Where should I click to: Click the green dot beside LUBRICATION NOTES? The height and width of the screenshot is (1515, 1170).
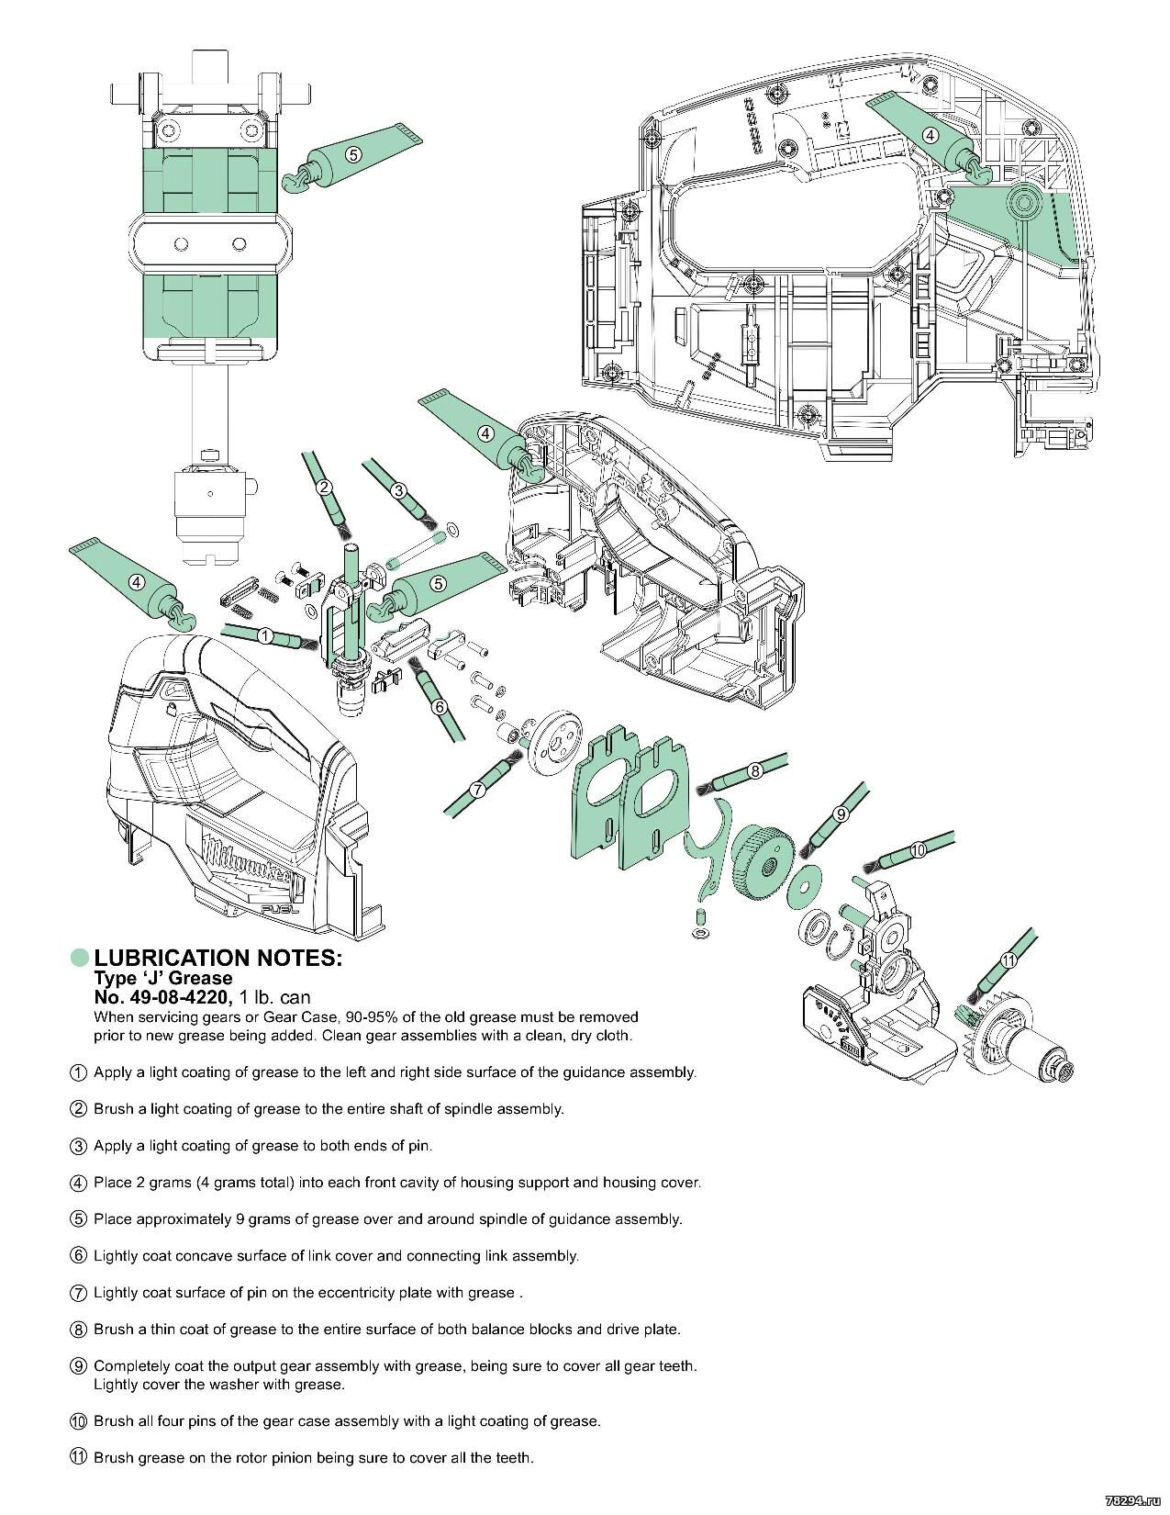[81, 958]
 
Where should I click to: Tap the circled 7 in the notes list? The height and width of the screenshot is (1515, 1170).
[79, 1293]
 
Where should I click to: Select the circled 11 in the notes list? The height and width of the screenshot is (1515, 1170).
[79, 1458]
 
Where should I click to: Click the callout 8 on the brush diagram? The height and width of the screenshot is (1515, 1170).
[755, 771]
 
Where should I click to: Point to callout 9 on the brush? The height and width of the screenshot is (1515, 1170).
[840, 814]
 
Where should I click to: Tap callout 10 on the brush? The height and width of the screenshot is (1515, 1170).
[919, 851]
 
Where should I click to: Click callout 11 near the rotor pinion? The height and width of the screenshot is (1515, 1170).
[1008, 960]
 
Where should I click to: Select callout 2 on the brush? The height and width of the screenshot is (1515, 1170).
[324, 488]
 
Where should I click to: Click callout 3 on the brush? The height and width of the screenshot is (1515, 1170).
[399, 491]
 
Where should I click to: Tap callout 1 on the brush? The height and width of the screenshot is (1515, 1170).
[264, 635]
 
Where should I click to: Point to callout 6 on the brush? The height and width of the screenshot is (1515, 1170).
[439, 706]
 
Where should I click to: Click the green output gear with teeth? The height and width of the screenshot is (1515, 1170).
[763, 855]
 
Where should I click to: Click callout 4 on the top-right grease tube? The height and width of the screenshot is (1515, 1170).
[930, 135]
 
